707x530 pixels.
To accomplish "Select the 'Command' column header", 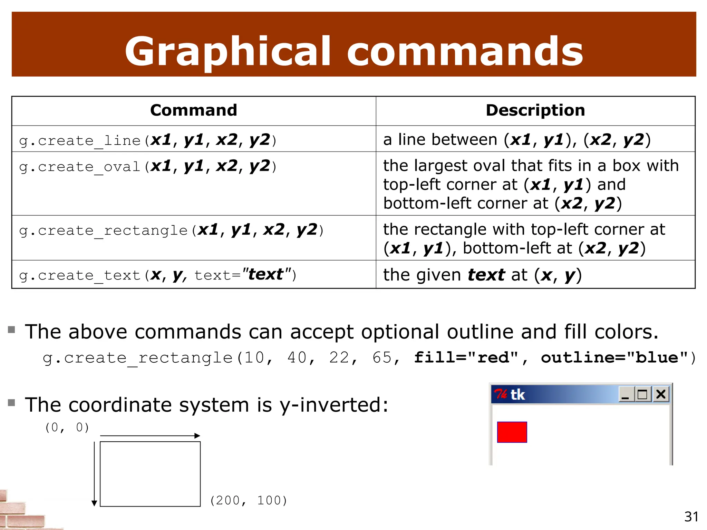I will pyautogui.click(x=194, y=110).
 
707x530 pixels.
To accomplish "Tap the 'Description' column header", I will pyautogui.click(x=535, y=110).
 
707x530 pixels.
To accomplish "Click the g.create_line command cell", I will pyautogui.click(x=148, y=140).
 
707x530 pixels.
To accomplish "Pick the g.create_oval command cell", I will pyautogui.click(x=148, y=166).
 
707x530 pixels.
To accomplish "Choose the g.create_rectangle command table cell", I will pyautogui.click(x=171, y=230).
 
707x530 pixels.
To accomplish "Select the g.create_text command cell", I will pyautogui.click(x=157, y=275).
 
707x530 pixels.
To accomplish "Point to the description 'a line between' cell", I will pyautogui.click(x=517, y=140).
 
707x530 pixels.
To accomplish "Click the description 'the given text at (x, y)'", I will pyautogui.click(x=482, y=275).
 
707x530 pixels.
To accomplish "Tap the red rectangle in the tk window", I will pyautogui.click(x=512, y=432).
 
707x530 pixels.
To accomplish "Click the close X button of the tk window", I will pyautogui.click(x=661, y=394).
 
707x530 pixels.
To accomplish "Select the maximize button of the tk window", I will pyautogui.click(x=642, y=394).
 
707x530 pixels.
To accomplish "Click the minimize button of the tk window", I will pyautogui.click(x=626, y=394).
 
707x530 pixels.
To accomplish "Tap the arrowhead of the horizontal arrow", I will pyautogui.click(x=197, y=436).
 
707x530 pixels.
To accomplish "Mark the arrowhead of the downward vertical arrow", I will pyautogui.click(x=94, y=503).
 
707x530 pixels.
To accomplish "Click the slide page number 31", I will pyautogui.click(x=691, y=517).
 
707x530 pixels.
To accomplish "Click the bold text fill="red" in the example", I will pyautogui.click(x=466, y=357).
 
